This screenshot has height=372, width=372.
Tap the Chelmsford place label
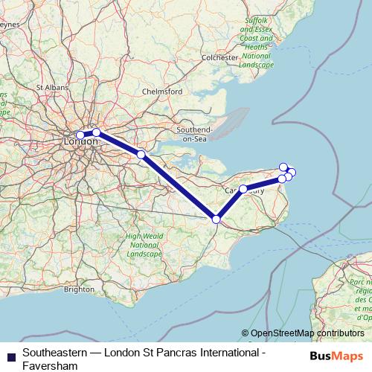pos(162,92)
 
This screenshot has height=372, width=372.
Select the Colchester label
pos(220,57)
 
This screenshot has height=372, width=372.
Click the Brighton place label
pos(79,289)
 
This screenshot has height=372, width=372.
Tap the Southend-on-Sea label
pos(194,134)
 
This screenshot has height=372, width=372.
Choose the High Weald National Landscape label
pos(144,245)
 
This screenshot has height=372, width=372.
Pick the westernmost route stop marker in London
pos(80,135)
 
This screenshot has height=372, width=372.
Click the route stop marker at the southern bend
pos(217,219)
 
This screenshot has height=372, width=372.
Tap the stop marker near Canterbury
pos(243,189)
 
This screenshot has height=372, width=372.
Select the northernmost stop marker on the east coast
pos(283,167)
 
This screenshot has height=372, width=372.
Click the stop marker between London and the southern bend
pos(141,154)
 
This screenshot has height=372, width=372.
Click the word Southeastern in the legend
pos(54,350)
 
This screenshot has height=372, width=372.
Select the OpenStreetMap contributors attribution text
pos(302,333)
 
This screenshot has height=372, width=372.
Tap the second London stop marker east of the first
pos(96,132)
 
